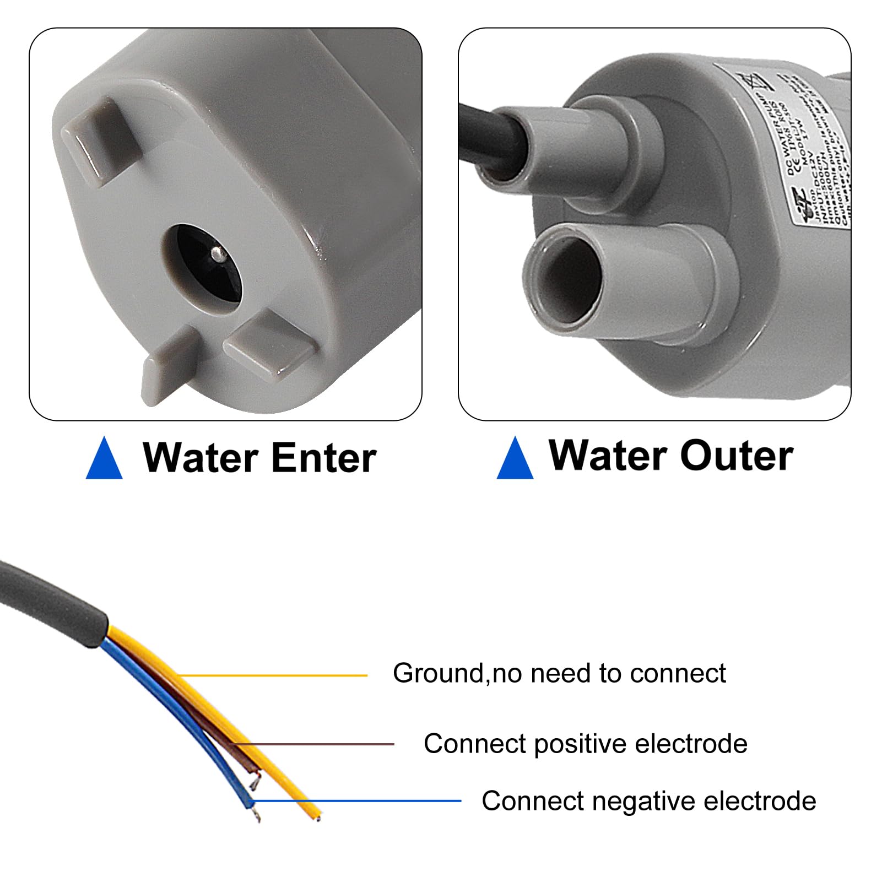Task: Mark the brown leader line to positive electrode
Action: pyautogui.click(x=314, y=744)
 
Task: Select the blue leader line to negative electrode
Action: pyautogui.click(x=358, y=801)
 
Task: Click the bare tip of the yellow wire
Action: pyautogui.click(x=318, y=816)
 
